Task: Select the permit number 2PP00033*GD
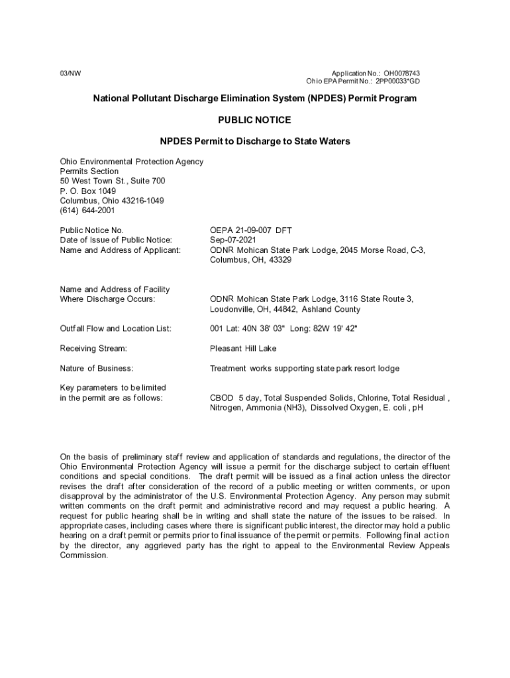(398, 81)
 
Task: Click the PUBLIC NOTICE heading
(254, 120)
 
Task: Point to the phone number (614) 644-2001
(87, 211)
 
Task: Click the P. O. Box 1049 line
(88, 191)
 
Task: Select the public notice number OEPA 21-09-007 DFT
(251, 230)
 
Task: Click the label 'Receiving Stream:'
(93, 348)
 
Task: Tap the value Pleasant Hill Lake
(243, 348)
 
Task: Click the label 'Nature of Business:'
(97, 368)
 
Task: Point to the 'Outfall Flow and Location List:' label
(116, 328)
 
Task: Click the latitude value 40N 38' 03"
(256, 328)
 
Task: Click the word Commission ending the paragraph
(83, 556)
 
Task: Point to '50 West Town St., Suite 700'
(113, 181)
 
